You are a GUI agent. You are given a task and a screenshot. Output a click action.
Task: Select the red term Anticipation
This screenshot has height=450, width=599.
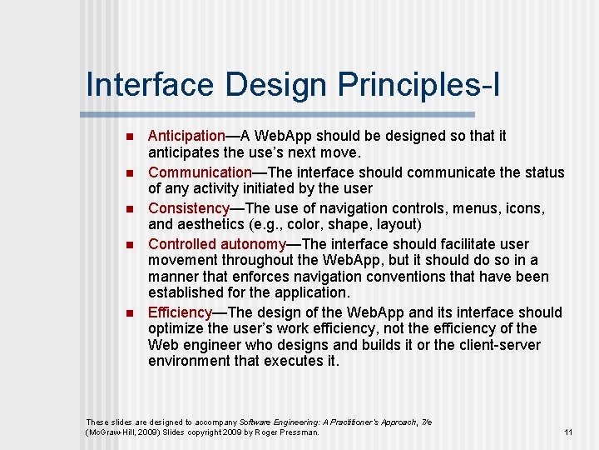tap(186, 135)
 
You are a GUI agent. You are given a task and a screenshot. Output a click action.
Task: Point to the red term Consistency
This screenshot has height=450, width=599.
tap(189, 208)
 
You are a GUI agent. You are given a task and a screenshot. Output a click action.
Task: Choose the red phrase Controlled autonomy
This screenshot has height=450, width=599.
tap(216, 244)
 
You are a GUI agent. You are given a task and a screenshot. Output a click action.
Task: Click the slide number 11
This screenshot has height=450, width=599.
tap(568, 432)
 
